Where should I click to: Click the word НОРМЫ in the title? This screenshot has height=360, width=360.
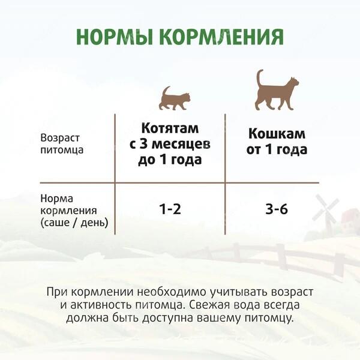115,37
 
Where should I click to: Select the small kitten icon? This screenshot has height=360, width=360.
175,98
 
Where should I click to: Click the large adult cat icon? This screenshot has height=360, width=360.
277,90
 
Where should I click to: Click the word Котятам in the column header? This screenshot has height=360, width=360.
170,128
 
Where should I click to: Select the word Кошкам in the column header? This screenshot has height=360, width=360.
277,134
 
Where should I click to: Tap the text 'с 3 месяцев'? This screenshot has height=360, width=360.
170,144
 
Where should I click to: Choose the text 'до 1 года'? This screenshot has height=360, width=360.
170,160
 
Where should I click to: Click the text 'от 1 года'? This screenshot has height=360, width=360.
277,149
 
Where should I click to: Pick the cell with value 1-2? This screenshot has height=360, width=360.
170,209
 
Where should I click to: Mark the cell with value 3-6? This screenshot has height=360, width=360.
277,209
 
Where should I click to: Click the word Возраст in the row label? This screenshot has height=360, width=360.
60,138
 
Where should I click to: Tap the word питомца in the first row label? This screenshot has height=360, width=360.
62,150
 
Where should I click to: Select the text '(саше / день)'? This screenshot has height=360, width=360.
74,223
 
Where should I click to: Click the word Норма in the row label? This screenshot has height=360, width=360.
57,199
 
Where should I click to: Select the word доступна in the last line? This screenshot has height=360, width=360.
169,319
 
